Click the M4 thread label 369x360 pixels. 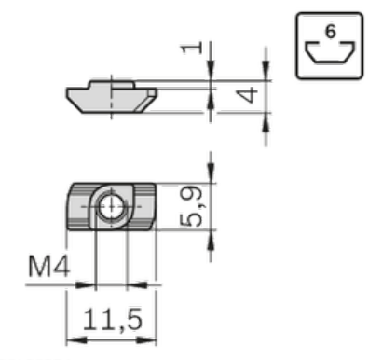coord(48,266)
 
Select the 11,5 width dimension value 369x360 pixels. coord(113,319)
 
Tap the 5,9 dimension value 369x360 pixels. coord(191,206)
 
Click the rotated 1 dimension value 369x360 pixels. coord(192,48)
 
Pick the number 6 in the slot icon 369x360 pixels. coord(330,32)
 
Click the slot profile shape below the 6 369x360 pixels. coord(330,52)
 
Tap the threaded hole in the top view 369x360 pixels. coord(112,206)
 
